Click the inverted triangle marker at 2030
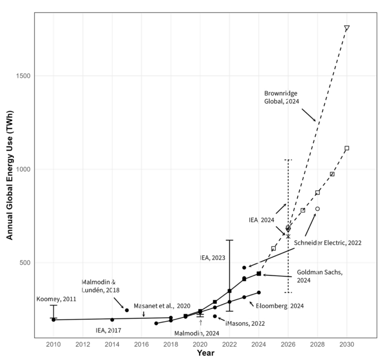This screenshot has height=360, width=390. click(347, 28)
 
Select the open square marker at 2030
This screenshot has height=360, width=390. click(347, 148)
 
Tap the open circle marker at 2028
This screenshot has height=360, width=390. click(317, 209)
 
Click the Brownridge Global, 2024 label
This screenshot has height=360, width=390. click(282, 97)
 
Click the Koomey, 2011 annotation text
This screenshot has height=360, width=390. click(56, 299)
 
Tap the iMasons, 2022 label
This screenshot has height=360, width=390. click(245, 323)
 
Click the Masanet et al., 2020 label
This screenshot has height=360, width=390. click(162, 306)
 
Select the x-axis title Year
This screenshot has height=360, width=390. click(205, 353)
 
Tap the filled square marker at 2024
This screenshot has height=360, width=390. click(259, 274)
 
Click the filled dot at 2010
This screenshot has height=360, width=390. click(53, 320)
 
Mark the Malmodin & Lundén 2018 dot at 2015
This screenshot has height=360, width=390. click(127, 310)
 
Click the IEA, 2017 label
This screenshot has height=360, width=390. click(108, 330)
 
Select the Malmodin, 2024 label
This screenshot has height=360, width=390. click(197, 333)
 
